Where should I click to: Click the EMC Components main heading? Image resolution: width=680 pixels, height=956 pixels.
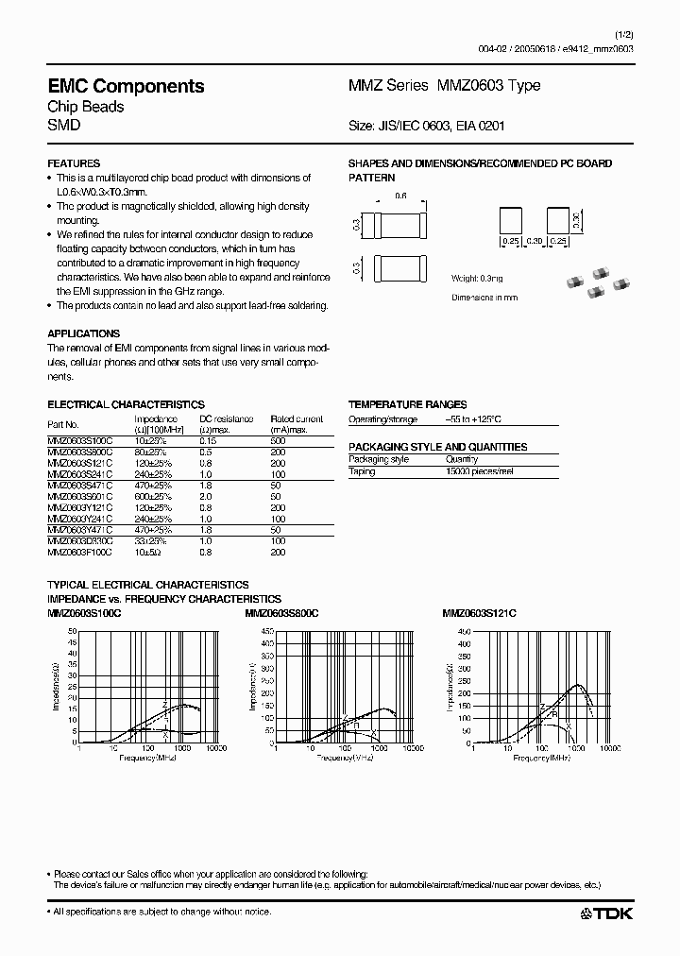pyautogui.click(x=126, y=86)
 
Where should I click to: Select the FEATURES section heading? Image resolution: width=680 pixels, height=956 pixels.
pyautogui.click(x=74, y=163)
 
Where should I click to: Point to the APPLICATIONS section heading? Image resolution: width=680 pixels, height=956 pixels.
pyautogui.click(x=84, y=333)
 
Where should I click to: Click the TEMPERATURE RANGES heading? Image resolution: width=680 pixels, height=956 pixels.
pyautogui.click(x=407, y=403)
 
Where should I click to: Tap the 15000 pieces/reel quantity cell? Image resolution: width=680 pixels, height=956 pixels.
pyautogui.click(x=481, y=470)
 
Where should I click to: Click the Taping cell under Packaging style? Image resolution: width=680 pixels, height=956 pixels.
pyautogui.click(x=362, y=470)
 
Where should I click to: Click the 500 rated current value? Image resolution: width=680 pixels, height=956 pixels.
pyautogui.click(x=279, y=440)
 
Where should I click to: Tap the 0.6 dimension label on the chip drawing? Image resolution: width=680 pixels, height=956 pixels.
pyautogui.click(x=399, y=196)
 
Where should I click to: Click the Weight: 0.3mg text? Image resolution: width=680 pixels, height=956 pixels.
pyautogui.click(x=478, y=280)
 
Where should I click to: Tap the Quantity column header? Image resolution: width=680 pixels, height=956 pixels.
pyautogui.click(x=462, y=459)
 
